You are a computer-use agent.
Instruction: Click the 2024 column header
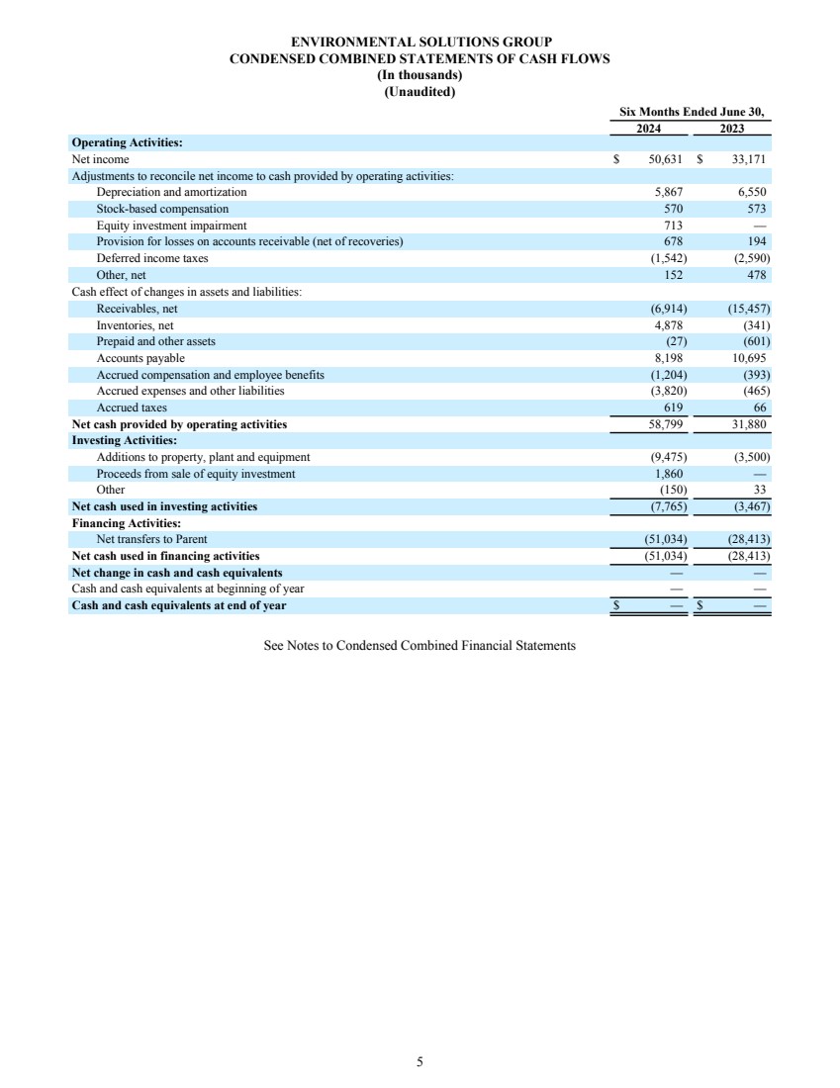point(648,129)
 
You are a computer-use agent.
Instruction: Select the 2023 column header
point(732,129)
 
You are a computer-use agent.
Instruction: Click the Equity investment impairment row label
point(171,226)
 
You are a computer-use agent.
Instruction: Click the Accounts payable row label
point(140,358)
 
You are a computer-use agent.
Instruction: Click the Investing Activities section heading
point(125,440)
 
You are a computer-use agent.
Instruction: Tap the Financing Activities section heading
point(126,523)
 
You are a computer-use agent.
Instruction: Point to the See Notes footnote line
point(420,646)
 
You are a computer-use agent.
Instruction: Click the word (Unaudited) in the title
point(420,92)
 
